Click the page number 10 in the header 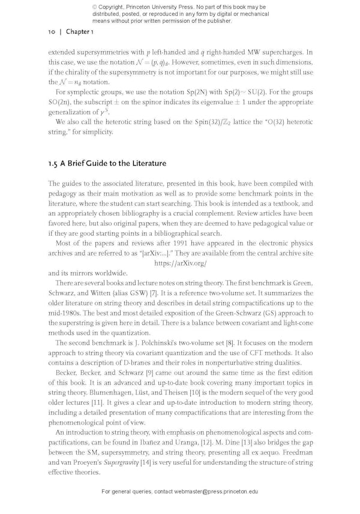pyautogui.click(x=51, y=32)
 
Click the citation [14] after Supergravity pyautogui.click(x=145, y=462)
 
